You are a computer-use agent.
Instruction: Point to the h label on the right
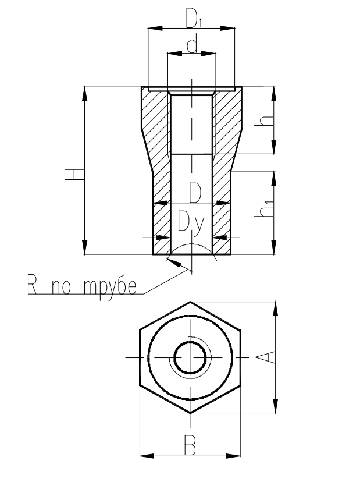[266, 121]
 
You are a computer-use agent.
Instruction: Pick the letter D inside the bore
[195, 193]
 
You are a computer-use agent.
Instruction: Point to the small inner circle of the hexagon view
[191, 356]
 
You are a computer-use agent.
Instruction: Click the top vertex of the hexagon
[191, 302]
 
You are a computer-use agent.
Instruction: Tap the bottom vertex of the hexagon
[191, 412]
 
